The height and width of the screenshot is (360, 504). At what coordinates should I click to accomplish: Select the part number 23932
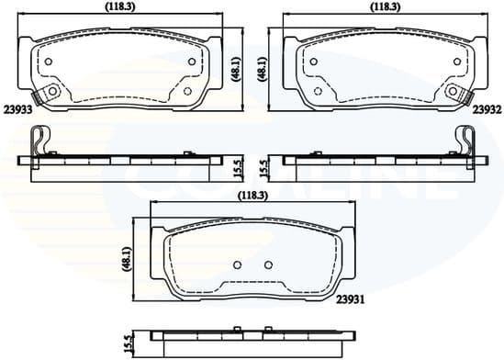(x=487, y=107)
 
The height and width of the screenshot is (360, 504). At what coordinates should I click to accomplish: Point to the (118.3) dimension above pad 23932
(x=384, y=6)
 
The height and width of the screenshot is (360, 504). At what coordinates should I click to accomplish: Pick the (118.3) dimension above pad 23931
(x=251, y=196)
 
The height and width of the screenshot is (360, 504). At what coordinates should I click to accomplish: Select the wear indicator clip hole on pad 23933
(x=52, y=92)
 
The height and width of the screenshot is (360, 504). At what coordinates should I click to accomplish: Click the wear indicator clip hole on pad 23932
(x=453, y=92)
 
